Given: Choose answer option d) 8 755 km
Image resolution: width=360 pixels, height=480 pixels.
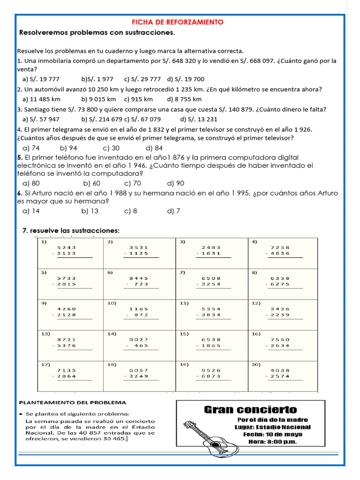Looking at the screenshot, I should [184, 99].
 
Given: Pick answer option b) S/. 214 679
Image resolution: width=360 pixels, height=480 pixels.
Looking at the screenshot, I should [102, 119].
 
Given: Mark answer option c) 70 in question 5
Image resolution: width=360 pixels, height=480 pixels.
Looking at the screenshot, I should [133, 183].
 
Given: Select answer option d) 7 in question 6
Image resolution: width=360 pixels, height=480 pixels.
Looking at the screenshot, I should [174, 211].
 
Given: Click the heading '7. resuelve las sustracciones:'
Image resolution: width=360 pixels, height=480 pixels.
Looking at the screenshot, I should [71, 231].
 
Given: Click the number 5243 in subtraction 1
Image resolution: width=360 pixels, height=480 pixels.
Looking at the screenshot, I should [67, 247].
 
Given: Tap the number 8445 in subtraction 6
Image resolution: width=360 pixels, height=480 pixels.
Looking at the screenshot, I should [138, 278].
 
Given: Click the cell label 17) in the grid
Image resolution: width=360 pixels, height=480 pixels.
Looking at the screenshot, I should [45, 364].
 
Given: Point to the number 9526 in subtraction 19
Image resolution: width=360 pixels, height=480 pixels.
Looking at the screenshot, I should [210, 370].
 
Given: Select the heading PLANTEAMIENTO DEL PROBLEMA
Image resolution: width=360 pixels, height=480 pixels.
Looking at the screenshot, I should [72, 403].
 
